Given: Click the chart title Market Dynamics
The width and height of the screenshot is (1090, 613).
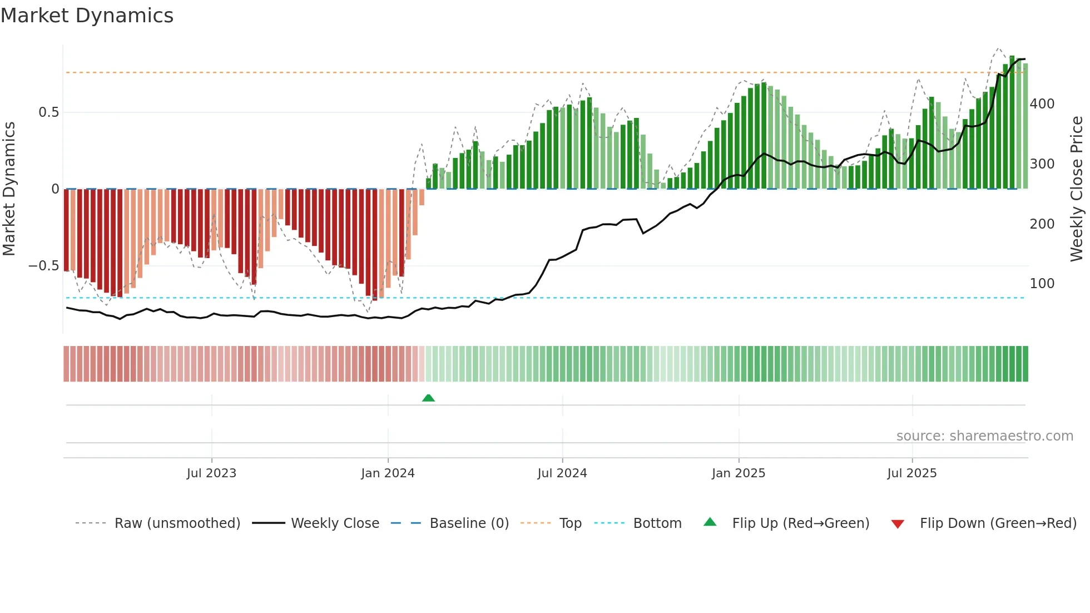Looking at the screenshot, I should pos(87,16).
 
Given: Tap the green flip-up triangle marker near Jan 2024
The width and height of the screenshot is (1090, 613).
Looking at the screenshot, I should pos(428,398).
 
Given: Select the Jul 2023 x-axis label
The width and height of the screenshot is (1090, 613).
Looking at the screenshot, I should pos(211,473).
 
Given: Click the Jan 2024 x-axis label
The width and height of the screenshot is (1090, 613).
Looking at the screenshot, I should pos(388,473).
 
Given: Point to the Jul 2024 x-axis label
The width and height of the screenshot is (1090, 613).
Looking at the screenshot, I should pos(562,473).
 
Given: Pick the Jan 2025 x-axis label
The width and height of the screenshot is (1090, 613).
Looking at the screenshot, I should pos(738,473).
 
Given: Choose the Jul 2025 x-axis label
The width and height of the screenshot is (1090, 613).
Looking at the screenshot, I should pos(911,473).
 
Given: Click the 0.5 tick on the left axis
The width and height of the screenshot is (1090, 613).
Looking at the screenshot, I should pos(48,112).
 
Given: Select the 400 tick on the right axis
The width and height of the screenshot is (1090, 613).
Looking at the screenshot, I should pos(1042,104).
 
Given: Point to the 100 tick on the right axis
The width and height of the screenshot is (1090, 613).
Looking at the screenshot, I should pos(1042,284).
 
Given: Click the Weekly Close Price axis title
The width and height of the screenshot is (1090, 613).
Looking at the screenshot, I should pos(1077,189).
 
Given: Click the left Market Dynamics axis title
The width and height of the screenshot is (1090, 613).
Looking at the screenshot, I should pos(9,189).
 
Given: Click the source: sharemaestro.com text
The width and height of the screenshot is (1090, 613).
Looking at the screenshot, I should pos(984,436).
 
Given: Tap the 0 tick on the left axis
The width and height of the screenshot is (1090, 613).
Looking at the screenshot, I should pos(55,189).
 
